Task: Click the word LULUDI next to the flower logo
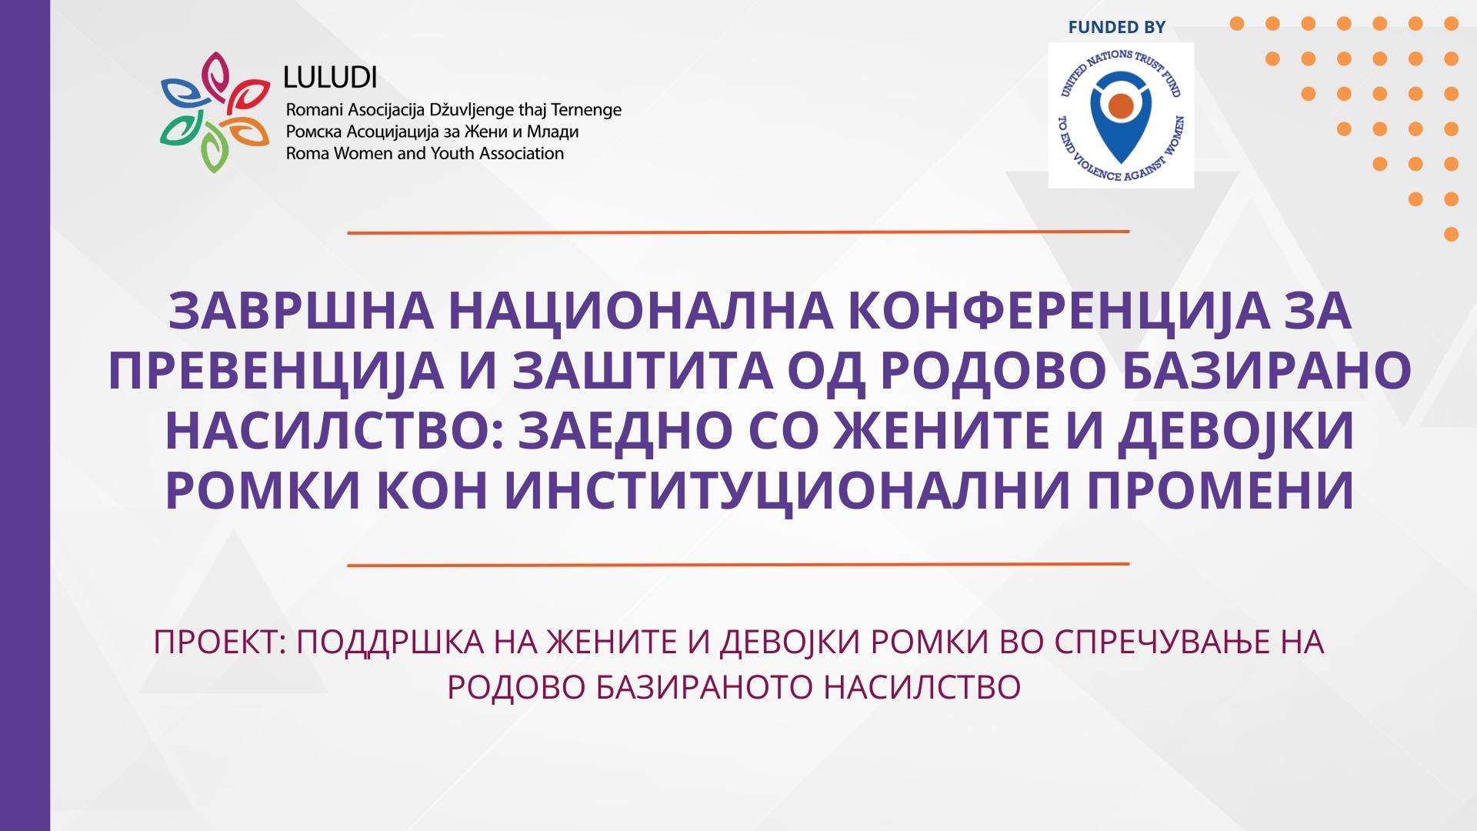pos(330,77)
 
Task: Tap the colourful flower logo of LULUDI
pos(215,112)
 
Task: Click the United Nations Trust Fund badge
pos(1121,115)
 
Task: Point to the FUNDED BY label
pos(1116,28)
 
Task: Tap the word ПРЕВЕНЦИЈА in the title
pos(276,372)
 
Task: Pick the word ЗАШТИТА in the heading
pos(643,370)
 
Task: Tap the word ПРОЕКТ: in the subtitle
pos(220,642)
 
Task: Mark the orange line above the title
pos(738,232)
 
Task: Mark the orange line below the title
pos(738,565)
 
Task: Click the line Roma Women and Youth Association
pos(425,154)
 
